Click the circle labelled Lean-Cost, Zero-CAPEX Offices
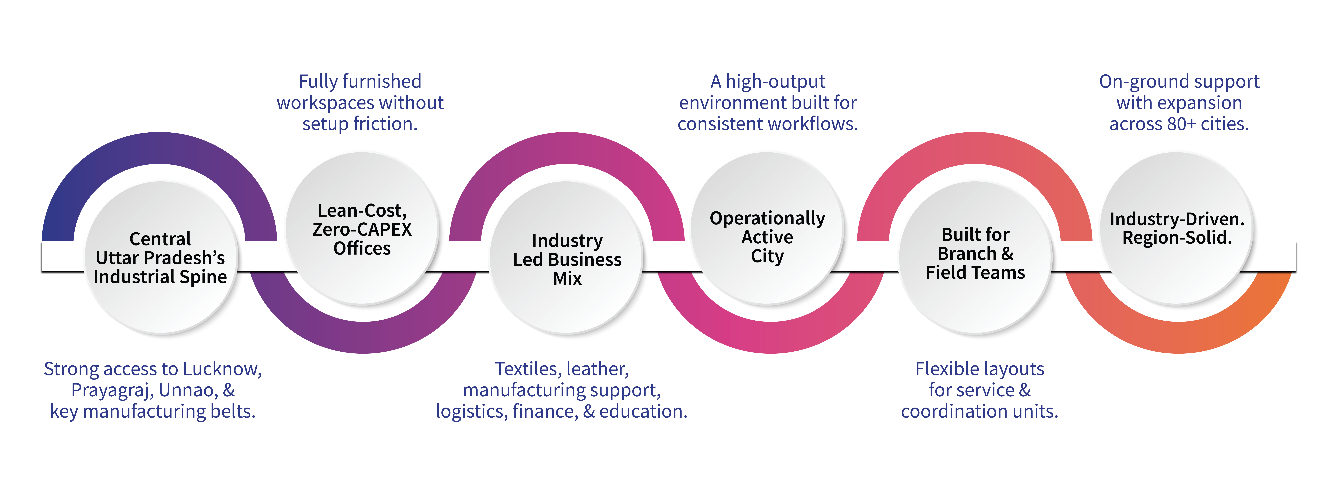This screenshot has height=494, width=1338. (x=362, y=229)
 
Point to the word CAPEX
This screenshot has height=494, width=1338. (x=384, y=229)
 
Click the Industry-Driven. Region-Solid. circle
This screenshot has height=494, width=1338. (x=1177, y=229)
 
